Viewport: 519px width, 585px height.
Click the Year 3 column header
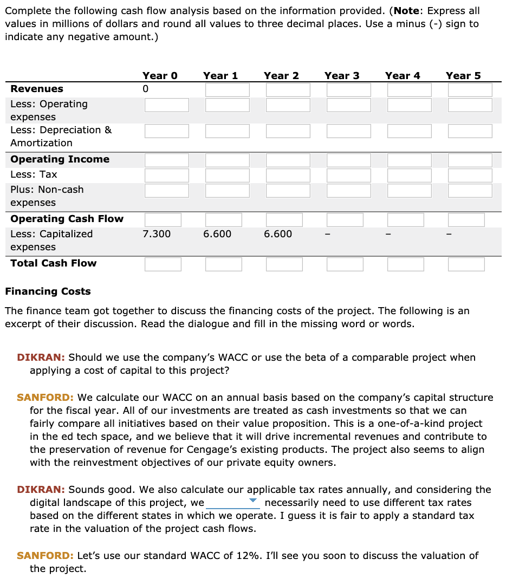(341, 76)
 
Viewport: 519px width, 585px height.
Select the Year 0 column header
(160, 76)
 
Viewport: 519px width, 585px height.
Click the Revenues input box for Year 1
(227, 89)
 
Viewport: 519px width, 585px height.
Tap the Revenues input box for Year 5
(470, 89)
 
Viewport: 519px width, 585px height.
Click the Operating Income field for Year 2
(288, 160)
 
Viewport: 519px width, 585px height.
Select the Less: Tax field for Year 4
(409, 175)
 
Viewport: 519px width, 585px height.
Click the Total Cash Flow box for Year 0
(163, 264)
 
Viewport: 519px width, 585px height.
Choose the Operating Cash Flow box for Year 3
(345, 219)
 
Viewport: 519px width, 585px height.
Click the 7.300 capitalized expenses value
(157, 234)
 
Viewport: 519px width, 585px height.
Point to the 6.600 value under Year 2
(278, 234)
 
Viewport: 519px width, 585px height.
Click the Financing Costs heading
(48, 291)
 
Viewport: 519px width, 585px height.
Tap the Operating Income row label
(60, 159)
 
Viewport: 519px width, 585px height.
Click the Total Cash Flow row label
(53, 263)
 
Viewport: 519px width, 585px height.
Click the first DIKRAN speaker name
(41, 357)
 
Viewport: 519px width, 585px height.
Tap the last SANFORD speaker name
(45, 556)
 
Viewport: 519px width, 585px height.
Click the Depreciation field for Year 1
(227, 131)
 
